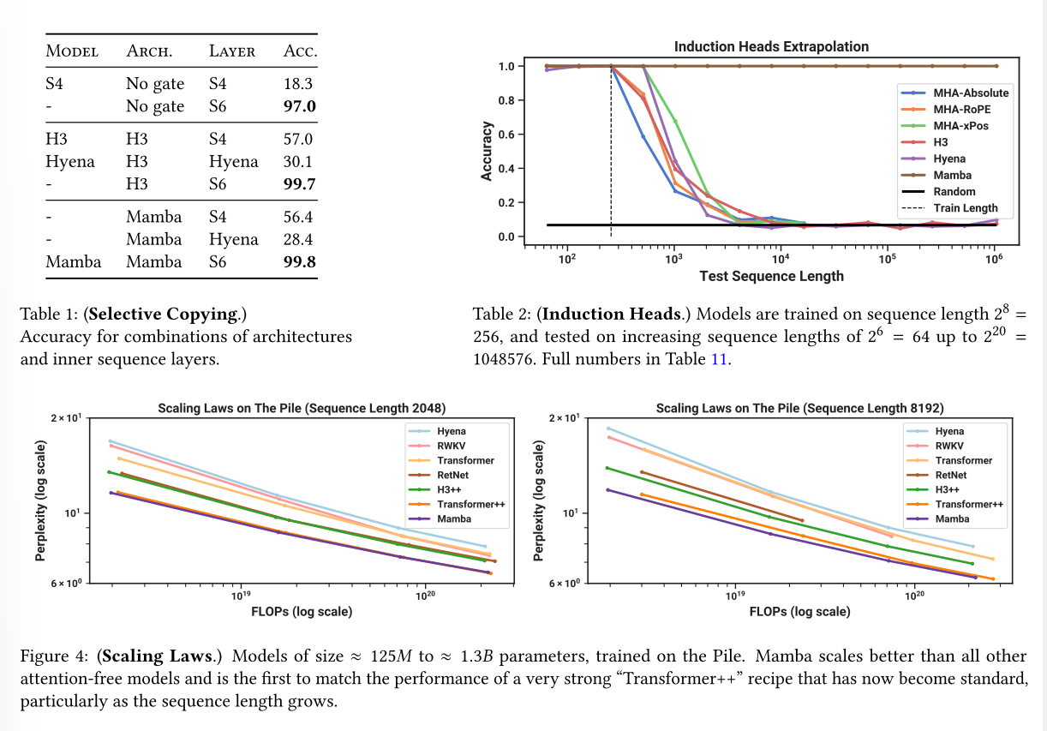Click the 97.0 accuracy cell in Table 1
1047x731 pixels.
[x=300, y=106]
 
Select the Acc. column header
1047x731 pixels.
[x=300, y=51]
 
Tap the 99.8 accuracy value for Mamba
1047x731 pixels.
[x=300, y=261]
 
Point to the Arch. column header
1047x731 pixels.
[x=150, y=51]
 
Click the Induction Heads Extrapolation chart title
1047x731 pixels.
[x=771, y=46]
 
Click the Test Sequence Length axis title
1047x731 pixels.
[x=771, y=276]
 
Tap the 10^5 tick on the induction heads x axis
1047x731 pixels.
[x=887, y=258]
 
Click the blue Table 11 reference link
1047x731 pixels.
[x=720, y=359]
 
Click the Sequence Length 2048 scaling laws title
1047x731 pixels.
[x=302, y=408]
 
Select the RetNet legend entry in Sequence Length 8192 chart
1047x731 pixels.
[x=950, y=475]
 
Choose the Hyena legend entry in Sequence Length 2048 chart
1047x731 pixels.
[x=451, y=431]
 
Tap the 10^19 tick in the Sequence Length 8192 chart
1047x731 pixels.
[x=733, y=594]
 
